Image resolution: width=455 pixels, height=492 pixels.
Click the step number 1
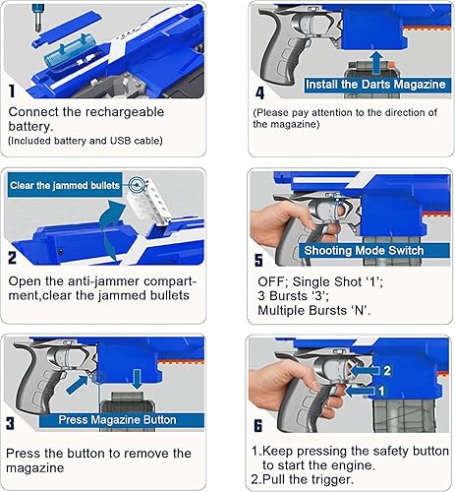click(x=12, y=91)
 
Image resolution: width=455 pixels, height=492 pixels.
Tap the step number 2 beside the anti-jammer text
click(x=13, y=259)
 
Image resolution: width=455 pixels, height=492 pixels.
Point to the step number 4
click(x=259, y=94)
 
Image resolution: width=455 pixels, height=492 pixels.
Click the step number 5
click(x=259, y=260)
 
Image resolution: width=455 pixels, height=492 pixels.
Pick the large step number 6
click(x=259, y=427)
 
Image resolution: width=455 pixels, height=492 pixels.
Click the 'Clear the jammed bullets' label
click(x=66, y=184)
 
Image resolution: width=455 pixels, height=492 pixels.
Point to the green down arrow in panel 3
click(x=137, y=377)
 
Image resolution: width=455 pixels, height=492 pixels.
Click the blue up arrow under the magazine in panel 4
click(x=378, y=61)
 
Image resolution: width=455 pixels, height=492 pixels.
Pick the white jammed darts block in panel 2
click(x=147, y=203)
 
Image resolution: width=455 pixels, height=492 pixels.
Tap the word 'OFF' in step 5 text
click(x=270, y=279)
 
